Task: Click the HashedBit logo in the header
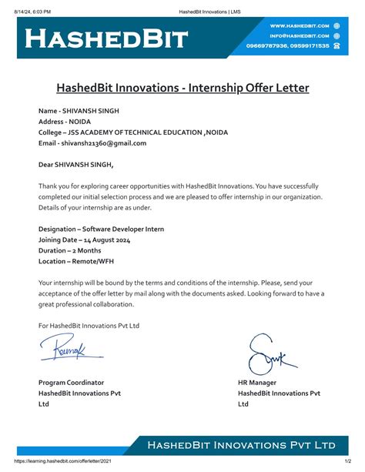[x=106, y=38]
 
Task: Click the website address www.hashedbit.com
[x=299, y=25]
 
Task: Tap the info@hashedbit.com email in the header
[x=299, y=35]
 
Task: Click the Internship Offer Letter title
[x=182, y=88]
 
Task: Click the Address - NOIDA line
[x=63, y=122]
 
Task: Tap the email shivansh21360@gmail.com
[x=92, y=142]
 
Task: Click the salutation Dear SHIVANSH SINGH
[x=75, y=164]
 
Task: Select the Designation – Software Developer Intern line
[x=101, y=229]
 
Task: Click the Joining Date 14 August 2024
[x=84, y=239]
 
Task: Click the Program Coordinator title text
[x=71, y=383]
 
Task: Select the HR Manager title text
[x=258, y=383]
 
